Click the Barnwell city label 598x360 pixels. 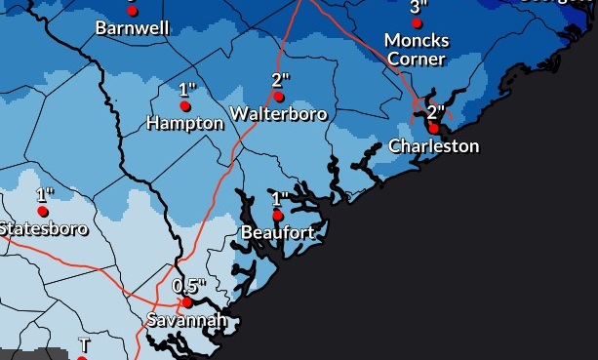(x=133, y=28)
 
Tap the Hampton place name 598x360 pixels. (x=185, y=123)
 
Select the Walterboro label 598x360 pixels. (x=279, y=114)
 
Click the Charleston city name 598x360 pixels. (x=434, y=146)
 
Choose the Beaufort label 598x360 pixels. (x=278, y=232)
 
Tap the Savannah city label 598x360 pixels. (x=186, y=320)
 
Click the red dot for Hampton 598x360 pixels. (x=185, y=106)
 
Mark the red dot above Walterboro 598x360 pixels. (x=279, y=97)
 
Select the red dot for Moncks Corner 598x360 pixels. (x=418, y=22)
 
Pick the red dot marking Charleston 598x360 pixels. (x=433, y=128)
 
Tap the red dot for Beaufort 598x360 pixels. (x=278, y=215)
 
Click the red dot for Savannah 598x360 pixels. (x=186, y=302)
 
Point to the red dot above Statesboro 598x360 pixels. (x=43, y=211)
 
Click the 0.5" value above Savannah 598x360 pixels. (x=189, y=286)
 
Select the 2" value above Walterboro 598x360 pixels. (x=281, y=80)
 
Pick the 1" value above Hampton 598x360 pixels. (x=187, y=90)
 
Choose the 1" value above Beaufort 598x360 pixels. (x=280, y=198)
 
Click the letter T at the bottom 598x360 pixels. (x=84, y=345)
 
